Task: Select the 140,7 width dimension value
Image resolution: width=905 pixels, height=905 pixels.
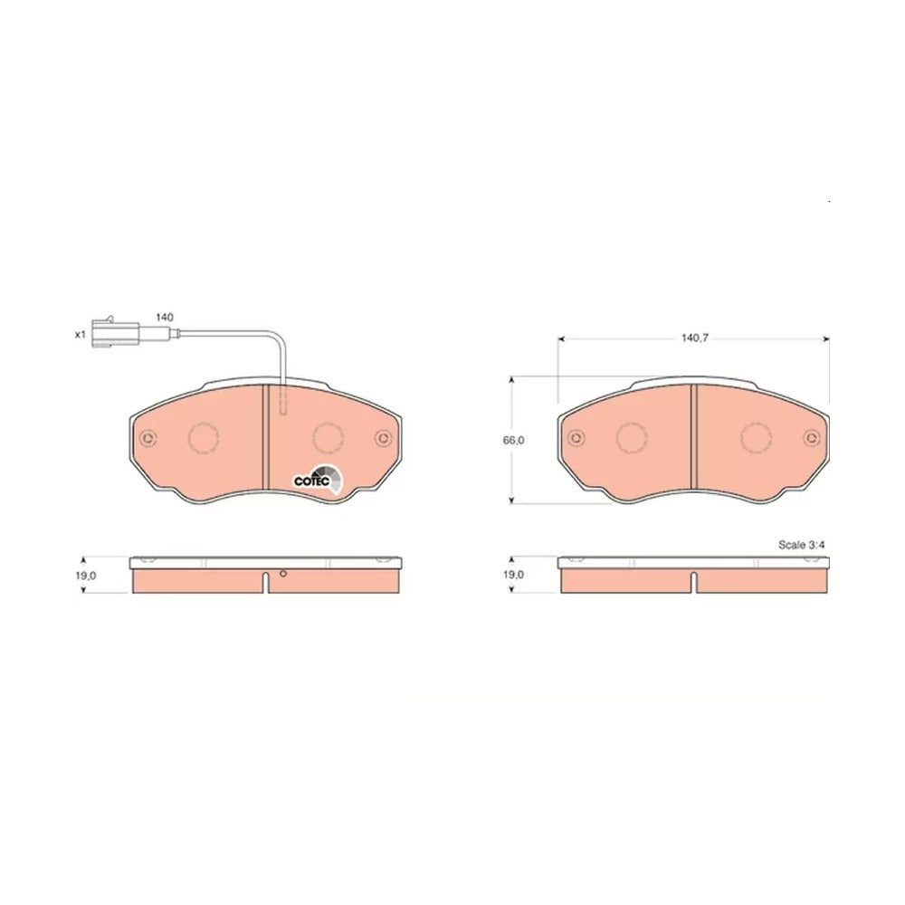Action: [x=694, y=338]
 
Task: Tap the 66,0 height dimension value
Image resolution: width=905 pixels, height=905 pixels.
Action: [x=513, y=441]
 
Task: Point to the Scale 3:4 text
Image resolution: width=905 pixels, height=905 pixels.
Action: [x=801, y=545]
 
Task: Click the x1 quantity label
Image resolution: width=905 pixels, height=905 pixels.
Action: [x=81, y=334]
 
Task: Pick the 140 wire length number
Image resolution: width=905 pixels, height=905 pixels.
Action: [x=164, y=318]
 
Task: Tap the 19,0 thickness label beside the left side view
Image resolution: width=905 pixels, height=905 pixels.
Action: [x=84, y=576]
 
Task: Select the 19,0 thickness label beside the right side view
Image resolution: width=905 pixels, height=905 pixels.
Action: [x=513, y=575]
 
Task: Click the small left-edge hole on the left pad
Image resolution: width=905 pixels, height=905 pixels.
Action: [x=148, y=439]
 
